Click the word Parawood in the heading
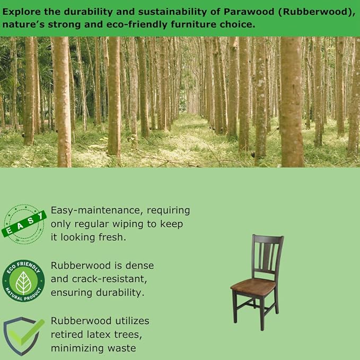click(249, 12)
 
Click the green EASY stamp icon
click(24, 224)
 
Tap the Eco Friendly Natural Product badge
click(23, 280)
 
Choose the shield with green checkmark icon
click(24, 336)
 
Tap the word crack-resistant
click(109, 279)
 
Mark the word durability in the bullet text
click(120, 293)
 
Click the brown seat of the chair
click(254, 286)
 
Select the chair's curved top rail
click(268, 239)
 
